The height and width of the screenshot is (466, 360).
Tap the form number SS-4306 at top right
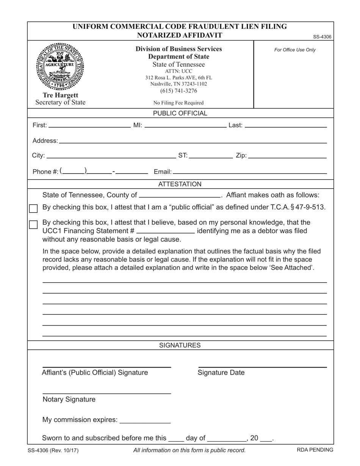coord(322,37)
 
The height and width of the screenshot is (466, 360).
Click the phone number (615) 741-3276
coord(178,91)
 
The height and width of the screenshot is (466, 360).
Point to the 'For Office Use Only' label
coord(294,50)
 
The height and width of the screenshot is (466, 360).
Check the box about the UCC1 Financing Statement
coord(33,224)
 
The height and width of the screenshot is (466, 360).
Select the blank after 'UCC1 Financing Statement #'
coord(165,232)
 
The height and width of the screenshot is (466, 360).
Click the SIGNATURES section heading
coord(180,345)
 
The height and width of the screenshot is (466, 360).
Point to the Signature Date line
coord(262,366)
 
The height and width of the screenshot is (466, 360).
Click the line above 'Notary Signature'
coord(106,393)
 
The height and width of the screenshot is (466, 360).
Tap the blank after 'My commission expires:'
coord(145,421)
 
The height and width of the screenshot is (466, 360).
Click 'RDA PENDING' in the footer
coord(315,450)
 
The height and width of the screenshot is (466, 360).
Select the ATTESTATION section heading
coord(180,184)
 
